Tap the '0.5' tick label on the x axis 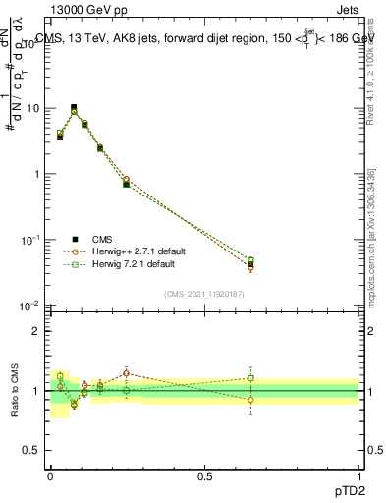pos(204,475)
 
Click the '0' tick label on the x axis pos(49,475)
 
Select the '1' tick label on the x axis pos(359,475)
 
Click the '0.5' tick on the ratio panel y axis pos(33,452)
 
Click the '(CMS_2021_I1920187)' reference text pos(204,294)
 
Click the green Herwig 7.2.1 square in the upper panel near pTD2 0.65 pos(250,260)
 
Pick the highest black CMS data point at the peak pos(74,107)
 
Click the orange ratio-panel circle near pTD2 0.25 pos(127,373)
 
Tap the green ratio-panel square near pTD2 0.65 pos(250,378)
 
